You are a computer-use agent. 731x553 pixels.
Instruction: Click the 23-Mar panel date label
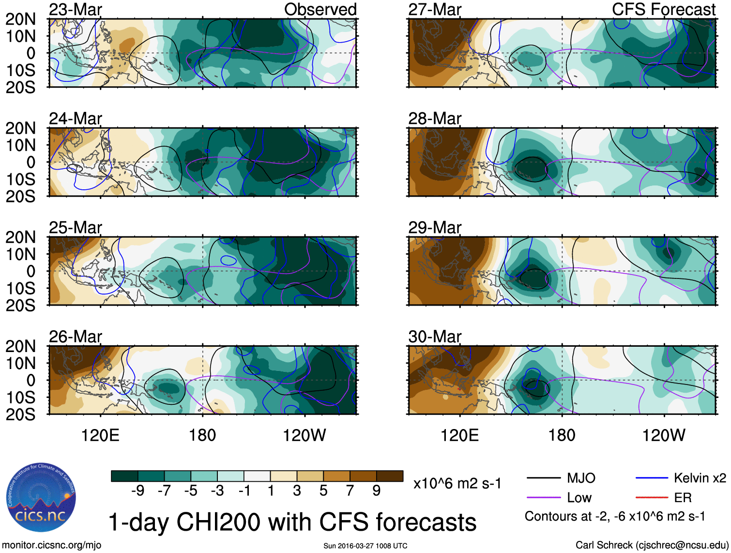pyautogui.click(x=76, y=10)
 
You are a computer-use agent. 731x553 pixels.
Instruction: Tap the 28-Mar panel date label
pyautogui.click(x=435, y=119)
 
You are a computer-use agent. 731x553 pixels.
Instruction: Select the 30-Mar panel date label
pyautogui.click(x=435, y=337)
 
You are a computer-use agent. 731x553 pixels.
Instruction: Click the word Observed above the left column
pyautogui.click(x=320, y=10)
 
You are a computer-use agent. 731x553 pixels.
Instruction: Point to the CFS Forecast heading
pyautogui.click(x=663, y=10)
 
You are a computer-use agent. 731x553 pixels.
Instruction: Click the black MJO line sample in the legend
pyautogui.click(x=543, y=478)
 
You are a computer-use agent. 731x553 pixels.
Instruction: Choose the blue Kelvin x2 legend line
pyautogui.click(x=652, y=478)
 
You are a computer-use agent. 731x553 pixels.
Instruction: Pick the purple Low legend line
pyautogui.click(x=543, y=497)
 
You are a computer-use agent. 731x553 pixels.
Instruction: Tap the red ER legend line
pyautogui.click(x=652, y=497)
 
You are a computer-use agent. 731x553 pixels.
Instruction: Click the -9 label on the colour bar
pyautogui.click(x=137, y=491)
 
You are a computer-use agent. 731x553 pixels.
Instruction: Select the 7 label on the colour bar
pyautogui.click(x=350, y=491)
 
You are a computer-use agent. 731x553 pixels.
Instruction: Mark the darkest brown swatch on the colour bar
pyautogui.click(x=390, y=476)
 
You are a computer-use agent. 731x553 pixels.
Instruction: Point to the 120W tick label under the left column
pyautogui.click(x=304, y=435)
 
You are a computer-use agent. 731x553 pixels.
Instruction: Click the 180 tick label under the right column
pyautogui.click(x=562, y=435)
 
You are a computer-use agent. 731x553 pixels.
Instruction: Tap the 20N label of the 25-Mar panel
pyautogui.click(x=20, y=237)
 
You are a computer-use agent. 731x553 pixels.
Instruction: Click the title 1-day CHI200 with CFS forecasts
pyautogui.click(x=292, y=522)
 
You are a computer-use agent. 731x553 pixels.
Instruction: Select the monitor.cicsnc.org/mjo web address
pyautogui.click(x=52, y=545)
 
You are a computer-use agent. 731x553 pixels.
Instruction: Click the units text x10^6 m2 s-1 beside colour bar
pyautogui.click(x=457, y=484)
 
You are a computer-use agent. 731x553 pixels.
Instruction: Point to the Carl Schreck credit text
pyautogui.click(x=652, y=545)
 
